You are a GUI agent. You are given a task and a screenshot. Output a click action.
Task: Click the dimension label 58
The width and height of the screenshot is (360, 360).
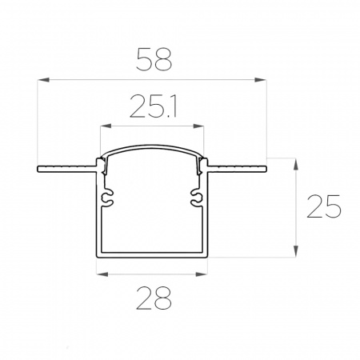point(154,59)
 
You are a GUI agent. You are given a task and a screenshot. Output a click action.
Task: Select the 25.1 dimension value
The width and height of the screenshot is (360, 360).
point(154,106)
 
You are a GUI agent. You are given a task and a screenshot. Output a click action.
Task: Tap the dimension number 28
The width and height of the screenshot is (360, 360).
point(154,298)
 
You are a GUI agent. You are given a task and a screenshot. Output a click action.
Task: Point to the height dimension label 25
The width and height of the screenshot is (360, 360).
point(324,206)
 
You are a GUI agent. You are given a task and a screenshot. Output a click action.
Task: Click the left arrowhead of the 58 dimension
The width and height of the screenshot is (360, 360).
point(43,79)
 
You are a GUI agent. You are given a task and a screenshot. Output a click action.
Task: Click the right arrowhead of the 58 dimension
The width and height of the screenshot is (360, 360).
point(260,79)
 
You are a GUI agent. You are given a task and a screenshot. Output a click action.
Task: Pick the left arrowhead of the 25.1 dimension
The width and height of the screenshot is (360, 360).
point(106,126)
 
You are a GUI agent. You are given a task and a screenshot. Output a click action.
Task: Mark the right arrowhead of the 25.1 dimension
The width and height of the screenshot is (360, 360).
point(198,126)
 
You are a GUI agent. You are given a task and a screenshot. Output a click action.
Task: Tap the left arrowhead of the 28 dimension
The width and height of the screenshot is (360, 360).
point(102,274)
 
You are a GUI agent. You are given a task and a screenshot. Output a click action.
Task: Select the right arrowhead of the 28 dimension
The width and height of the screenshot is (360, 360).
point(202,274)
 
